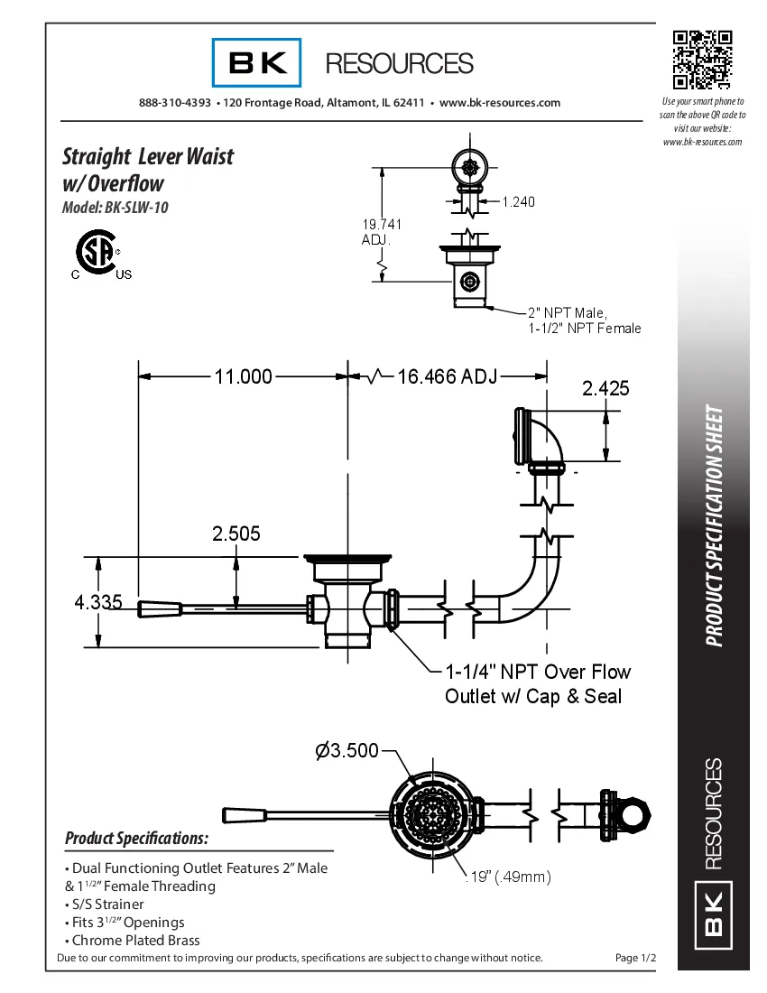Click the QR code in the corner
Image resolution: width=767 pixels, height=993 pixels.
click(701, 60)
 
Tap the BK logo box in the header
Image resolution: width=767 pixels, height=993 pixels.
click(257, 63)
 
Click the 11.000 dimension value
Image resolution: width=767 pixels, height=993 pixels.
click(243, 376)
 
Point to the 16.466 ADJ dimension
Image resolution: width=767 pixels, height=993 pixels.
click(447, 376)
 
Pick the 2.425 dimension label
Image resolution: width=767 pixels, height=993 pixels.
click(605, 389)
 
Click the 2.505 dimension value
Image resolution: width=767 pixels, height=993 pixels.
click(236, 534)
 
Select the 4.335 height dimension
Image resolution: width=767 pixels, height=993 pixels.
click(97, 602)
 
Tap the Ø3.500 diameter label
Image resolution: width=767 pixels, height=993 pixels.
click(347, 750)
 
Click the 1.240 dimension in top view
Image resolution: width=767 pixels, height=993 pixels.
click(518, 201)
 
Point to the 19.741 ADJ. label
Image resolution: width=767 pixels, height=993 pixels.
click(382, 232)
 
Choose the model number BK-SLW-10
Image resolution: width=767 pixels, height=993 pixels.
click(115, 207)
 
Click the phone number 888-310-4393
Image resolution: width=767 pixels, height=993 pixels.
click(175, 103)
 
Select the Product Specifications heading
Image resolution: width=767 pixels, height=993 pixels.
click(137, 838)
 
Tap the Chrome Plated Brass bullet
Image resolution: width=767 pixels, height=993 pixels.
click(135, 940)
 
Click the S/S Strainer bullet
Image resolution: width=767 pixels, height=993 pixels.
click(105, 904)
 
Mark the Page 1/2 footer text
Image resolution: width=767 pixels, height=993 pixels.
click(635, 958)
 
